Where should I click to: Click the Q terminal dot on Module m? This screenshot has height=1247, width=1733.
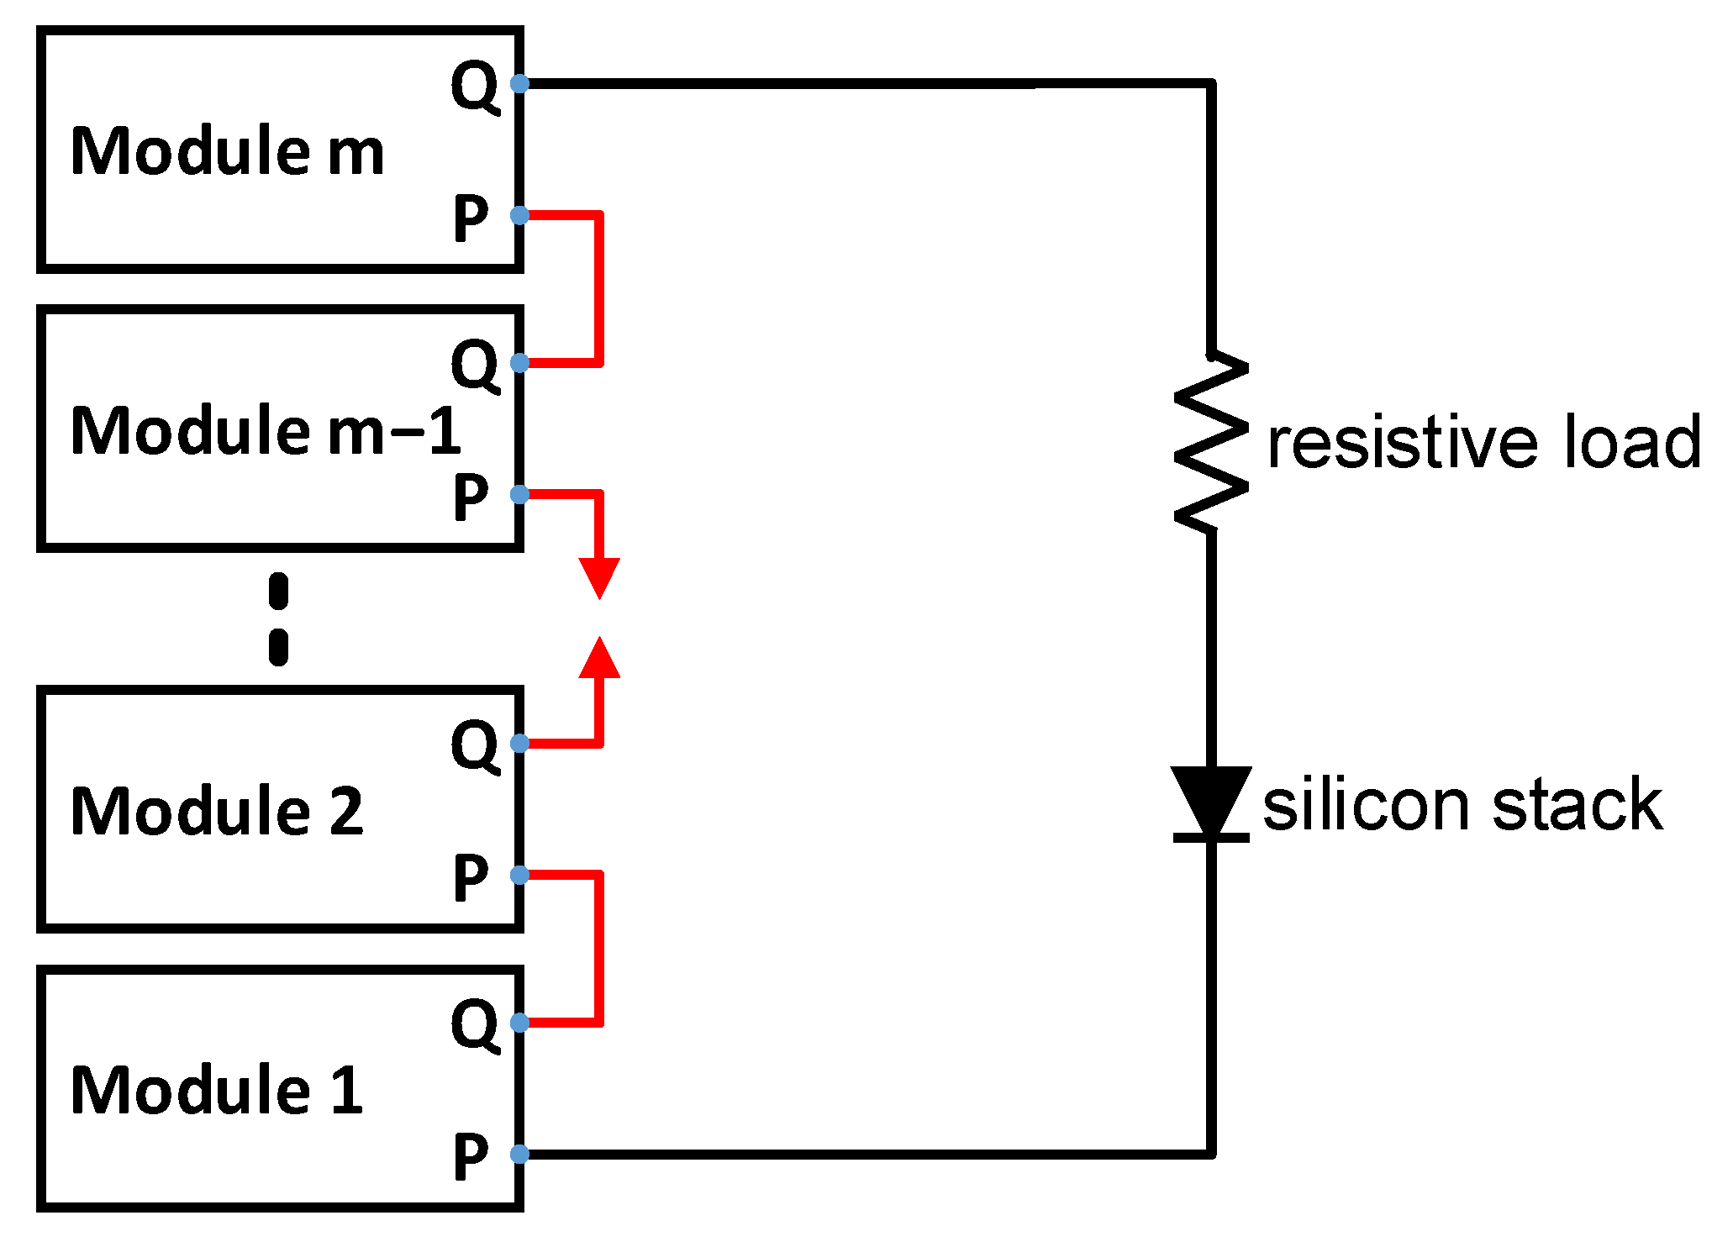click(x=519, y=83)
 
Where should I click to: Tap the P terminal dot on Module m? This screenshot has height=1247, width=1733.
click(x=519, y=215)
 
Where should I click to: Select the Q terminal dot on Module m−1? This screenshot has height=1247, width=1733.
click(x=519, y=363)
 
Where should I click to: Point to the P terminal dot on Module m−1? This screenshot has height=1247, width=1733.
click(x=519, y=494)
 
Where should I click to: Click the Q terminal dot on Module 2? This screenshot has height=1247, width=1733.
click(x=519, y=743)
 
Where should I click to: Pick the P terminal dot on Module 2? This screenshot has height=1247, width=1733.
click(x=519, y=875)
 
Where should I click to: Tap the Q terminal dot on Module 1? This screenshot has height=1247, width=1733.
click(x=519, y=1022)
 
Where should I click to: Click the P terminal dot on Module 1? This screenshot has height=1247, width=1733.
click(x=519, y=1154)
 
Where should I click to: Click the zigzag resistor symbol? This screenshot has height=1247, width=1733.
click(x=1211, y=442)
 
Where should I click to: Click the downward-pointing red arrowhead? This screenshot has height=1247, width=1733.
click(x=599, y=577)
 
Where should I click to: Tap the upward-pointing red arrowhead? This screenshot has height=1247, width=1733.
click(x=599, y=658)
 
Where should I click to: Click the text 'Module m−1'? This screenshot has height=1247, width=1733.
click(x=266, y=431)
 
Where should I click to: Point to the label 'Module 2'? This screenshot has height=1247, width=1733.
click(x=217, y=811)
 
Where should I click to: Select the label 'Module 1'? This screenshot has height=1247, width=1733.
click(x=217, y=1090)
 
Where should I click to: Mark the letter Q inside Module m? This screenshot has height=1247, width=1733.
click(x=475, y=85)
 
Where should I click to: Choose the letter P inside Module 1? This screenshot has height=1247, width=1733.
click(x=470, y=1156)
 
